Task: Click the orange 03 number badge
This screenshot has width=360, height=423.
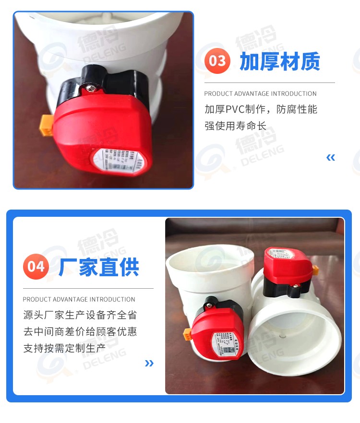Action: coord(217,61)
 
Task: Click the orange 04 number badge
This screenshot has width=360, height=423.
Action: coord(36,266)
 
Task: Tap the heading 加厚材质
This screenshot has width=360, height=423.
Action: coord(280,61)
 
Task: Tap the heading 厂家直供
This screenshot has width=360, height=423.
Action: coord(99,267)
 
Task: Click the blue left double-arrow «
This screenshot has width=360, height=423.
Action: coord(330,157)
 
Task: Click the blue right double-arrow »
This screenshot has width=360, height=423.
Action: coord(149,363)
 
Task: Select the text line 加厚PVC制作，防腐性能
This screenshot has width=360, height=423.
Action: coord(261,109)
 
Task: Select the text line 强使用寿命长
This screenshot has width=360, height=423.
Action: coord(235,127)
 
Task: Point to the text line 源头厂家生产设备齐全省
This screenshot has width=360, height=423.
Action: coord(80,315)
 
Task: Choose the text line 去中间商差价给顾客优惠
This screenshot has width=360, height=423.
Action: coord(80,331)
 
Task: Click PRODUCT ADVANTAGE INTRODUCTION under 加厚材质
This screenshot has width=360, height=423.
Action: coord(260,94)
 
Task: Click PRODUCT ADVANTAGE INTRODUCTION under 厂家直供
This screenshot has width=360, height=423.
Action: coord(79,299)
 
